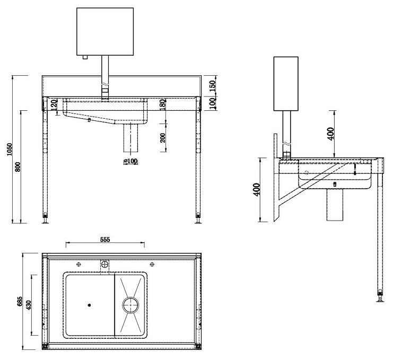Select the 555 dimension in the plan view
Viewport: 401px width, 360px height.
pyautogui.click(x=104, y=240)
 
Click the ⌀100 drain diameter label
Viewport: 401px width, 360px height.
pyautogui.click(x=130, y=161)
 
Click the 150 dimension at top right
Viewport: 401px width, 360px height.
pyautogui.click(x=212, y=85)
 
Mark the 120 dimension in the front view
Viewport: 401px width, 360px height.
pyautogui.click(x=54, y=104)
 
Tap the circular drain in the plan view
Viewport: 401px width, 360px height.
pyautogui.click(x=130, y=304)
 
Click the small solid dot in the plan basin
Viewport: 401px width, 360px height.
pyautogui.click(x=89, y=305)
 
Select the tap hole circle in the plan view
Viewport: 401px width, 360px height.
pyautogui.click(x=105, y=263)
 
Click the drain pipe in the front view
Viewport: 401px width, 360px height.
pyautogui.click(x=130, y=139)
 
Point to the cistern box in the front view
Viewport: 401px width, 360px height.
pyautogui.click(x=104, y=31)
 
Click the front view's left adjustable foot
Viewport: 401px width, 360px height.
pyautogui.click(x=46, y=217)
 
